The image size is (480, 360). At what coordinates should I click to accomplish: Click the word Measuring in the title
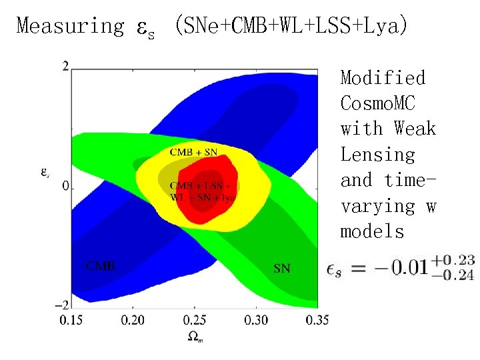tap(69, 26)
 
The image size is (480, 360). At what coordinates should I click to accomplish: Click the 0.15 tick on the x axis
tap(73, 321)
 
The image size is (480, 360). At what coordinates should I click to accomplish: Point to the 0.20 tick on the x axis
tap(133, 321)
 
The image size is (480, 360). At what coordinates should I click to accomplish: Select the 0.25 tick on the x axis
tap(195, 321)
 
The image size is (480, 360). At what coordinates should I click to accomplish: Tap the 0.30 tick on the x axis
tap(256, 321)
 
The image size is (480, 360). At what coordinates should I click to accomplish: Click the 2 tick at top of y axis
tap(65, 65)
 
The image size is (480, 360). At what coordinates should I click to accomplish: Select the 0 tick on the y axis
tap(65, 185)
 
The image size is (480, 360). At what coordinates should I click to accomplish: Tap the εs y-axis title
tap(44, 171)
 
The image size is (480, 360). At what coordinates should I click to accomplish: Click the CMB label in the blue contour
tap(101, 266)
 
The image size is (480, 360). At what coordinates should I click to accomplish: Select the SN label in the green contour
tap(282, 269)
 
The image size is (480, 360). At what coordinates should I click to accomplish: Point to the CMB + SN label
tap(193, 152)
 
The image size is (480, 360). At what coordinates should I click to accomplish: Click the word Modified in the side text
tap(383, 78)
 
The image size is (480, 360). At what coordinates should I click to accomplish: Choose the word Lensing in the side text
tap(377, 155)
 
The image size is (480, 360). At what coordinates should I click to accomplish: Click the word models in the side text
tap(372, 231)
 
